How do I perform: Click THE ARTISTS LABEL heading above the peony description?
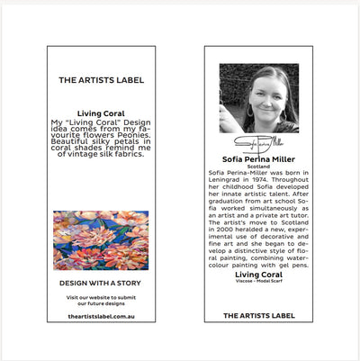coord(101,80)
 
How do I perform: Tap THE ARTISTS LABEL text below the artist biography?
coord(259,316)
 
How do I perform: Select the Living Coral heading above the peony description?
coord(101,113)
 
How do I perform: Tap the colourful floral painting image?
coord(101,240)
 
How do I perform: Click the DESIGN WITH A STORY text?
coord(101,283)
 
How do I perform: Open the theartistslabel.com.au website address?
coord(101,316)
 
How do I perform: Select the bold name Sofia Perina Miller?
coord(259,157)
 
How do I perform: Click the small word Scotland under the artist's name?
coord(259,165)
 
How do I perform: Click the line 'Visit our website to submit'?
coord(101,297)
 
